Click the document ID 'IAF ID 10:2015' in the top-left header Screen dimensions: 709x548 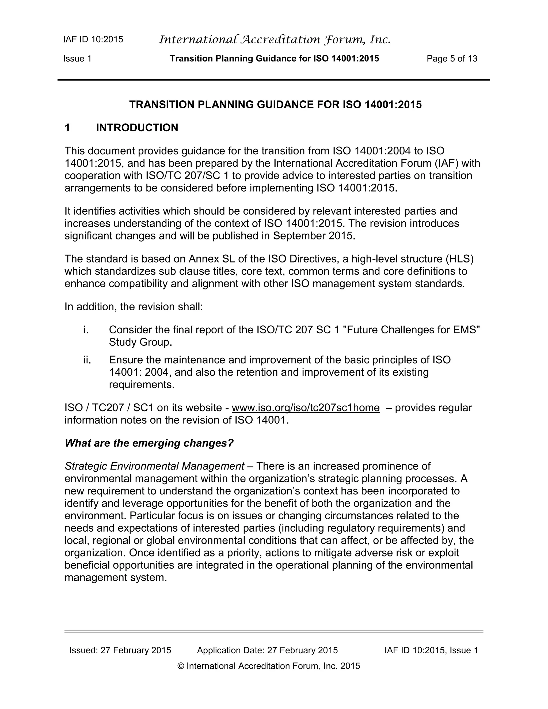(93, 40)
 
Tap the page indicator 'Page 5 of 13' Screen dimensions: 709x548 (452, 59)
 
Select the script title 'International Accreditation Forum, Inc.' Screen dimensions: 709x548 (275, 40)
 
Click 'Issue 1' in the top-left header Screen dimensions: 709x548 (77, 59)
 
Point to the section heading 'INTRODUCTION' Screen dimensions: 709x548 (137, 128)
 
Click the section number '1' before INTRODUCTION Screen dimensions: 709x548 (67, 128)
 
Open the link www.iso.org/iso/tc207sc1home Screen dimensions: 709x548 (306, 408)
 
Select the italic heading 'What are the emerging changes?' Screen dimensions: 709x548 (149, 443)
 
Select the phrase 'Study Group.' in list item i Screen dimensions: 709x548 (140, 342)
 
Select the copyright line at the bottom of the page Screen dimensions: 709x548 (269, 666)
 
